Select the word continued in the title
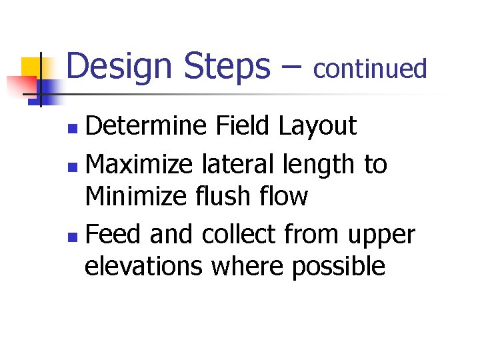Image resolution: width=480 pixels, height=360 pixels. point(370,68)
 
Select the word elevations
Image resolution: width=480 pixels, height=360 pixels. point(143,267)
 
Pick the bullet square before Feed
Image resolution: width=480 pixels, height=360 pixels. point(77,235)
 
